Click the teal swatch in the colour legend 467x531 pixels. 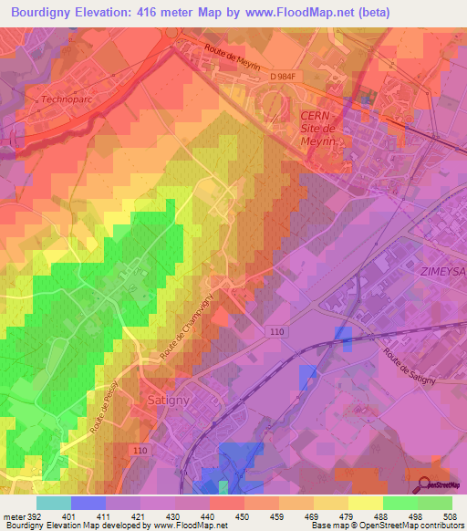coord(53,503)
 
